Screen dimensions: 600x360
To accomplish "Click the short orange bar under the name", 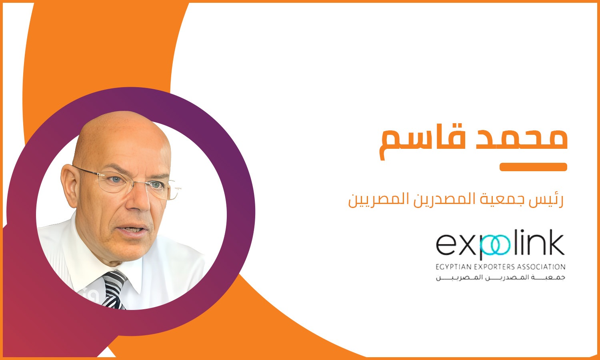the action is click(533, 167).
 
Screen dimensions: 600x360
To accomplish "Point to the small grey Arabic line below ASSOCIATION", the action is click(501, 278).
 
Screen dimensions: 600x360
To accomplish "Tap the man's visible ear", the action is click(70, 185).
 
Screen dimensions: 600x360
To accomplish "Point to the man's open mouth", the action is click(132, 230).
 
